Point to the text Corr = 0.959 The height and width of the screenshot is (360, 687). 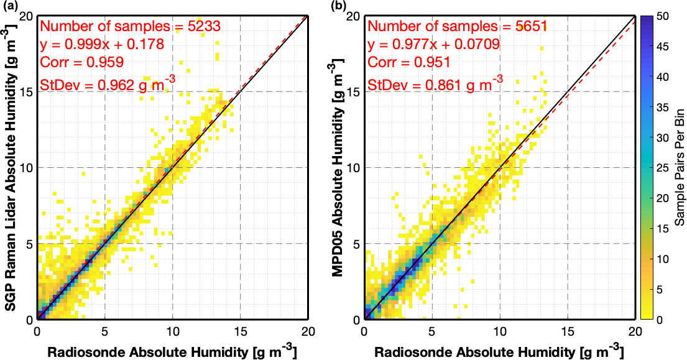click(81, 62)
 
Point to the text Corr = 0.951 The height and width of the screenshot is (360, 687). click(407, 62)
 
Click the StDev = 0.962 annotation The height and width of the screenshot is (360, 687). click(102, 84)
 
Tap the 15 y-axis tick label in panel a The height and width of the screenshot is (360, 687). click(27, 91)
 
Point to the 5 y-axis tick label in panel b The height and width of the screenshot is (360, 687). click(357, 244)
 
